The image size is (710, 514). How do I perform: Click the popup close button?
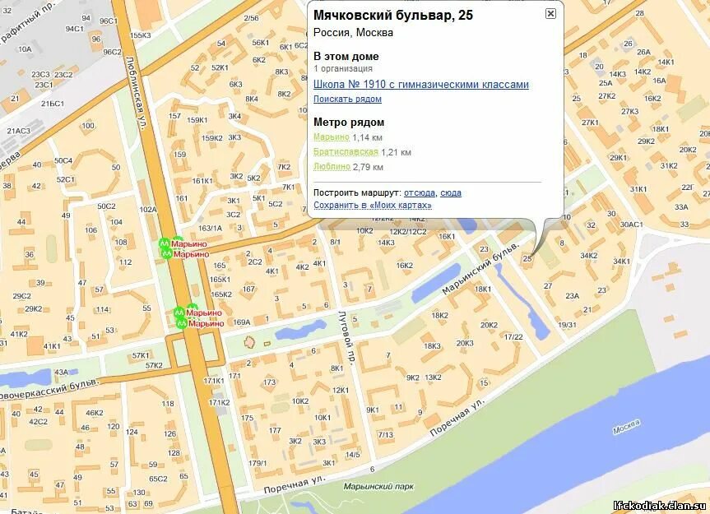[550, 13]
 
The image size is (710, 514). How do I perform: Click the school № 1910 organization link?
[420, 85]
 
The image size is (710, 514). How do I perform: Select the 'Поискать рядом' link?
[347, 99]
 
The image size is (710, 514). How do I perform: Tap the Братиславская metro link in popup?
[346, 152]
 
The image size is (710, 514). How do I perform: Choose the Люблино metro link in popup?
[332, 167]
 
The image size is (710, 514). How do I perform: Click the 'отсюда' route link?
[419, 192]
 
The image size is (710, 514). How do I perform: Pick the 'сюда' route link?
[451, 192]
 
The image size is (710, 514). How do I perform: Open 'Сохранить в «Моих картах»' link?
[372, 205]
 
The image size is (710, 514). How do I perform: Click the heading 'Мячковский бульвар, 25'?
[393, 15]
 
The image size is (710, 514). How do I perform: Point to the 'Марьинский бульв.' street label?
[480, 269]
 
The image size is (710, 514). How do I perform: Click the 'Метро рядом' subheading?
[349, 123]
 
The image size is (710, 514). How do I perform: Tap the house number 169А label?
[241, 322]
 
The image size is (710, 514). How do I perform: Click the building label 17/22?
[513, 337]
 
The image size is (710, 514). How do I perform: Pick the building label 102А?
[148, 209]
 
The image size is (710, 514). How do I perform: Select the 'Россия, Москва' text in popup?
[353, 33]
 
